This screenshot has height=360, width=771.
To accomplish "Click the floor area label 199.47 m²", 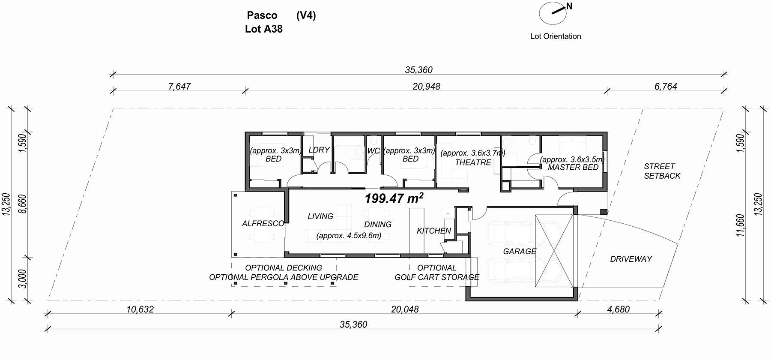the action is [x=394, y=198].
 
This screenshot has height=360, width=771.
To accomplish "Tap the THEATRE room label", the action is [x=473, y=162].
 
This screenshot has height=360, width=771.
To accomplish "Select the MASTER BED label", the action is [x=573, y=167].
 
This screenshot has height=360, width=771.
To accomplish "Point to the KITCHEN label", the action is [x=434, y=231].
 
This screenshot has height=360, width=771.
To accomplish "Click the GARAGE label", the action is [x=520, y=251].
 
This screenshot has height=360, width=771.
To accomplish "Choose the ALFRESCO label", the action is [x=263, y=223].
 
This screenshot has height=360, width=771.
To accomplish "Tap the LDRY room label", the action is [x=319, y=150].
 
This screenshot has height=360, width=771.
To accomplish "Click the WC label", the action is [x=374, y=151].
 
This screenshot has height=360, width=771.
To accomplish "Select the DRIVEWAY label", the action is [x=631, y=259].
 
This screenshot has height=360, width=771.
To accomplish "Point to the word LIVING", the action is [x=320, y=216].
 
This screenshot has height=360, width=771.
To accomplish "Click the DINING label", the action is [x=378, y=224].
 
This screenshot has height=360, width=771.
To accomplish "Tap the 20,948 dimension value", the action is [x=426, y=87].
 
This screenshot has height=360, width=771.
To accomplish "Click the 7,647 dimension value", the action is [x=179, y=87].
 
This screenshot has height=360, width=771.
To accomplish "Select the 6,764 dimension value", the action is [x=666, y=87].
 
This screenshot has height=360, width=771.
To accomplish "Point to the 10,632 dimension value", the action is [x=140, y=309].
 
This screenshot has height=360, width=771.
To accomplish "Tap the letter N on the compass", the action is [x=569, y=6].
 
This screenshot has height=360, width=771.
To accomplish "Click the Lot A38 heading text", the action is [x=264, y=29].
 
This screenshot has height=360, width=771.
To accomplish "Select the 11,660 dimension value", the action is [x=741, y=225].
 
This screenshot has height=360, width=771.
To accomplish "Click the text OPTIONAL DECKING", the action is [x=284, y=268].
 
